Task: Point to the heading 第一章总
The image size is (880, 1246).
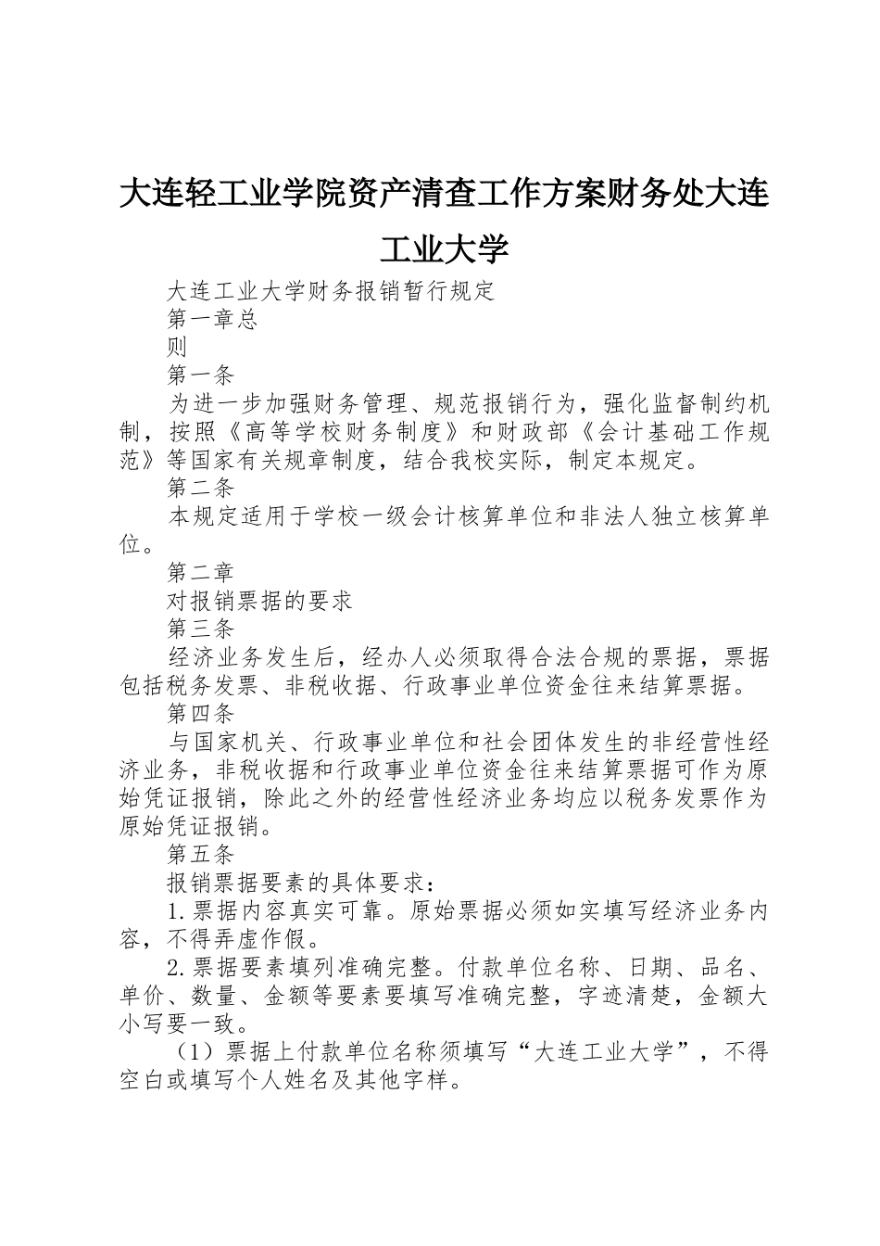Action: pyautogui.click(x=212, y=319)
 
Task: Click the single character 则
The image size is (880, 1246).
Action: pyautogui.click(x=178, y=348)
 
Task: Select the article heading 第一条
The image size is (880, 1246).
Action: pyautogui.click(x=200, y=375)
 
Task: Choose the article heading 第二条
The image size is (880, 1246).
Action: pyautogui.click(x=200, y=489)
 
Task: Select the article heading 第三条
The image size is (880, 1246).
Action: pyautogui.click(x=200, y=629)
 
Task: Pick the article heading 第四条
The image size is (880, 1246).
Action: pyautogui.click(x=200, y=715)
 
